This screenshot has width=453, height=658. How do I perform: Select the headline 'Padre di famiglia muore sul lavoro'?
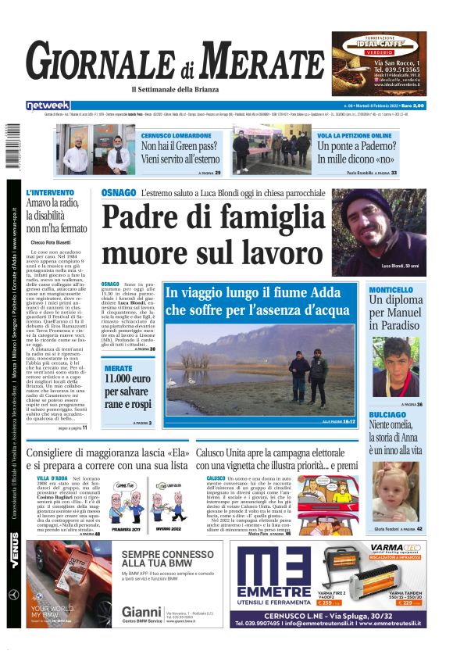coord(212,234)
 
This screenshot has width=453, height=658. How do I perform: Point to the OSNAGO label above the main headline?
coord(118,192)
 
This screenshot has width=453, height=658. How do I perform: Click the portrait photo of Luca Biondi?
coord(382,231)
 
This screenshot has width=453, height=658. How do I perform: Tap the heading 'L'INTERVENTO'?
coord(50,192)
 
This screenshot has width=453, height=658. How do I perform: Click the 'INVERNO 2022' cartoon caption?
coord(167,529)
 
